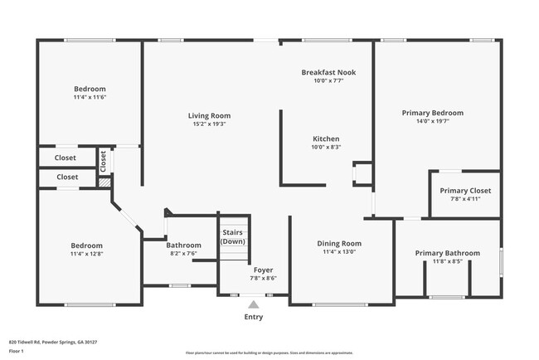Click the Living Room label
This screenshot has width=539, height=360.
pyautogui.click(x=208, y=115)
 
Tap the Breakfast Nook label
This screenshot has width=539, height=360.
pyautogui.click(x=328, y=72)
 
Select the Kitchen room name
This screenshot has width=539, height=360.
pyautogui.click(x=326, y=139)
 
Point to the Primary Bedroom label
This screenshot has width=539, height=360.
pyautogui.click(x=432, y=113)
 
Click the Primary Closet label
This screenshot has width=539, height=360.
pyautogui.click(x=465, y=190)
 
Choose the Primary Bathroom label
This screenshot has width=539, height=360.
pyautogui.click(x=447, y=253)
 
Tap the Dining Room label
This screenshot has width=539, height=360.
pyautogui.click(x=340, y=244)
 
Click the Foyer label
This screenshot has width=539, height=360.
pyautogui.click(x=263, y=270)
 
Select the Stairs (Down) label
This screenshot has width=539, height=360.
pyautogui.click(x=233, y=236)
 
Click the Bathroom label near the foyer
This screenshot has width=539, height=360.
pyautogui.click(x=183, y=245)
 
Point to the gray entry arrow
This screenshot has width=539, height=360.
pyautogui.click(x=253, y=304)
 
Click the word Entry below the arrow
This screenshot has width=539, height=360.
pyautogui.click(x=253, y=317)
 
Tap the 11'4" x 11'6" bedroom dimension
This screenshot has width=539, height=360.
pyautogui.click(x=90, y=97)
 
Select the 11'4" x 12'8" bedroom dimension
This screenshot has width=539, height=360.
pyautogui.click(x=86, y=254)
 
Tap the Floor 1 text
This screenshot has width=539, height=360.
pyautogui.click(x=17, y=352)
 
